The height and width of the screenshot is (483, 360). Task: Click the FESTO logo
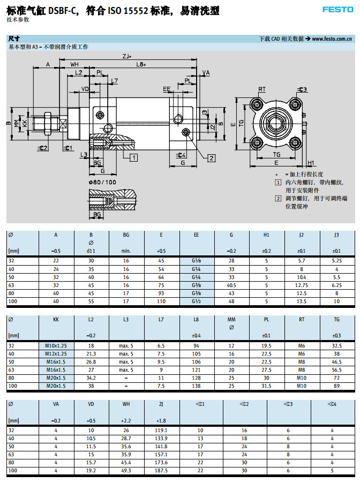337,9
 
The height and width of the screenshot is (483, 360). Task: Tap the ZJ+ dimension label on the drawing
127,56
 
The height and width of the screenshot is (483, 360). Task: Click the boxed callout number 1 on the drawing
134,157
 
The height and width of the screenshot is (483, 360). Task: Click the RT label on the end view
262,89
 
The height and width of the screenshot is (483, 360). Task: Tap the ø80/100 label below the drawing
102,182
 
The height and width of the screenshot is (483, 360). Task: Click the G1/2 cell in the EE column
196,301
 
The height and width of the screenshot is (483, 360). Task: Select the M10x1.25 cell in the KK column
56,345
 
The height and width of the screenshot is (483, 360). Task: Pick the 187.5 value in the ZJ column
161,470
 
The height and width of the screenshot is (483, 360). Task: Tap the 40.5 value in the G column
231,285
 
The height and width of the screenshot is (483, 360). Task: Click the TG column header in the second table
337,320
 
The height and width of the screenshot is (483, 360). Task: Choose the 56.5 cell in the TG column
337,369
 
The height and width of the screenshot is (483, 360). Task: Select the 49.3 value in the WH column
126,470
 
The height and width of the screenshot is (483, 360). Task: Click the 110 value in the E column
161,301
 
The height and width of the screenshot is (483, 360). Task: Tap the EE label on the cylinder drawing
167,89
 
